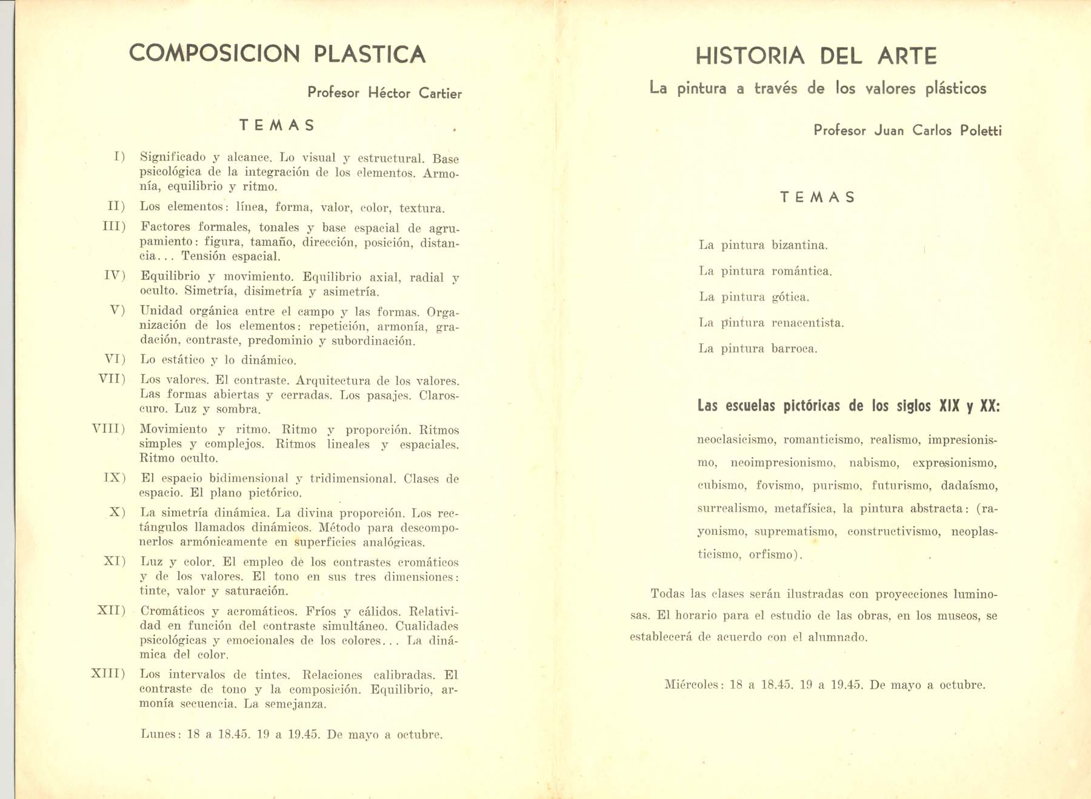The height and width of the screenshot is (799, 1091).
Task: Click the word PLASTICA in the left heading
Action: (x=369, y=54)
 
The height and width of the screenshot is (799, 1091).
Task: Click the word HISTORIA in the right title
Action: (x=750, y=56)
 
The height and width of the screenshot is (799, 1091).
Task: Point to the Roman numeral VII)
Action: (x=112, y=379)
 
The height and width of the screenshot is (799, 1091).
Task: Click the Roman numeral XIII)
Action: (x=108, y=674)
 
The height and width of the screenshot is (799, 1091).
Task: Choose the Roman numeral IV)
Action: (x=115, y=276)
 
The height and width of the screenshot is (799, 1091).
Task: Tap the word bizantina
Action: (x=799, y=245)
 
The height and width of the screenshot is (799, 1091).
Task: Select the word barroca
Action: (x=794, y=349)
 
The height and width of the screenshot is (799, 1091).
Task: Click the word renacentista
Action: (x=807, y=323)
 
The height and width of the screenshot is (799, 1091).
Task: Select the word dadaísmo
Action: (x=969, y=486)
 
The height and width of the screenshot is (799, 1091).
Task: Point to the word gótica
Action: (x=790, y=297)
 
